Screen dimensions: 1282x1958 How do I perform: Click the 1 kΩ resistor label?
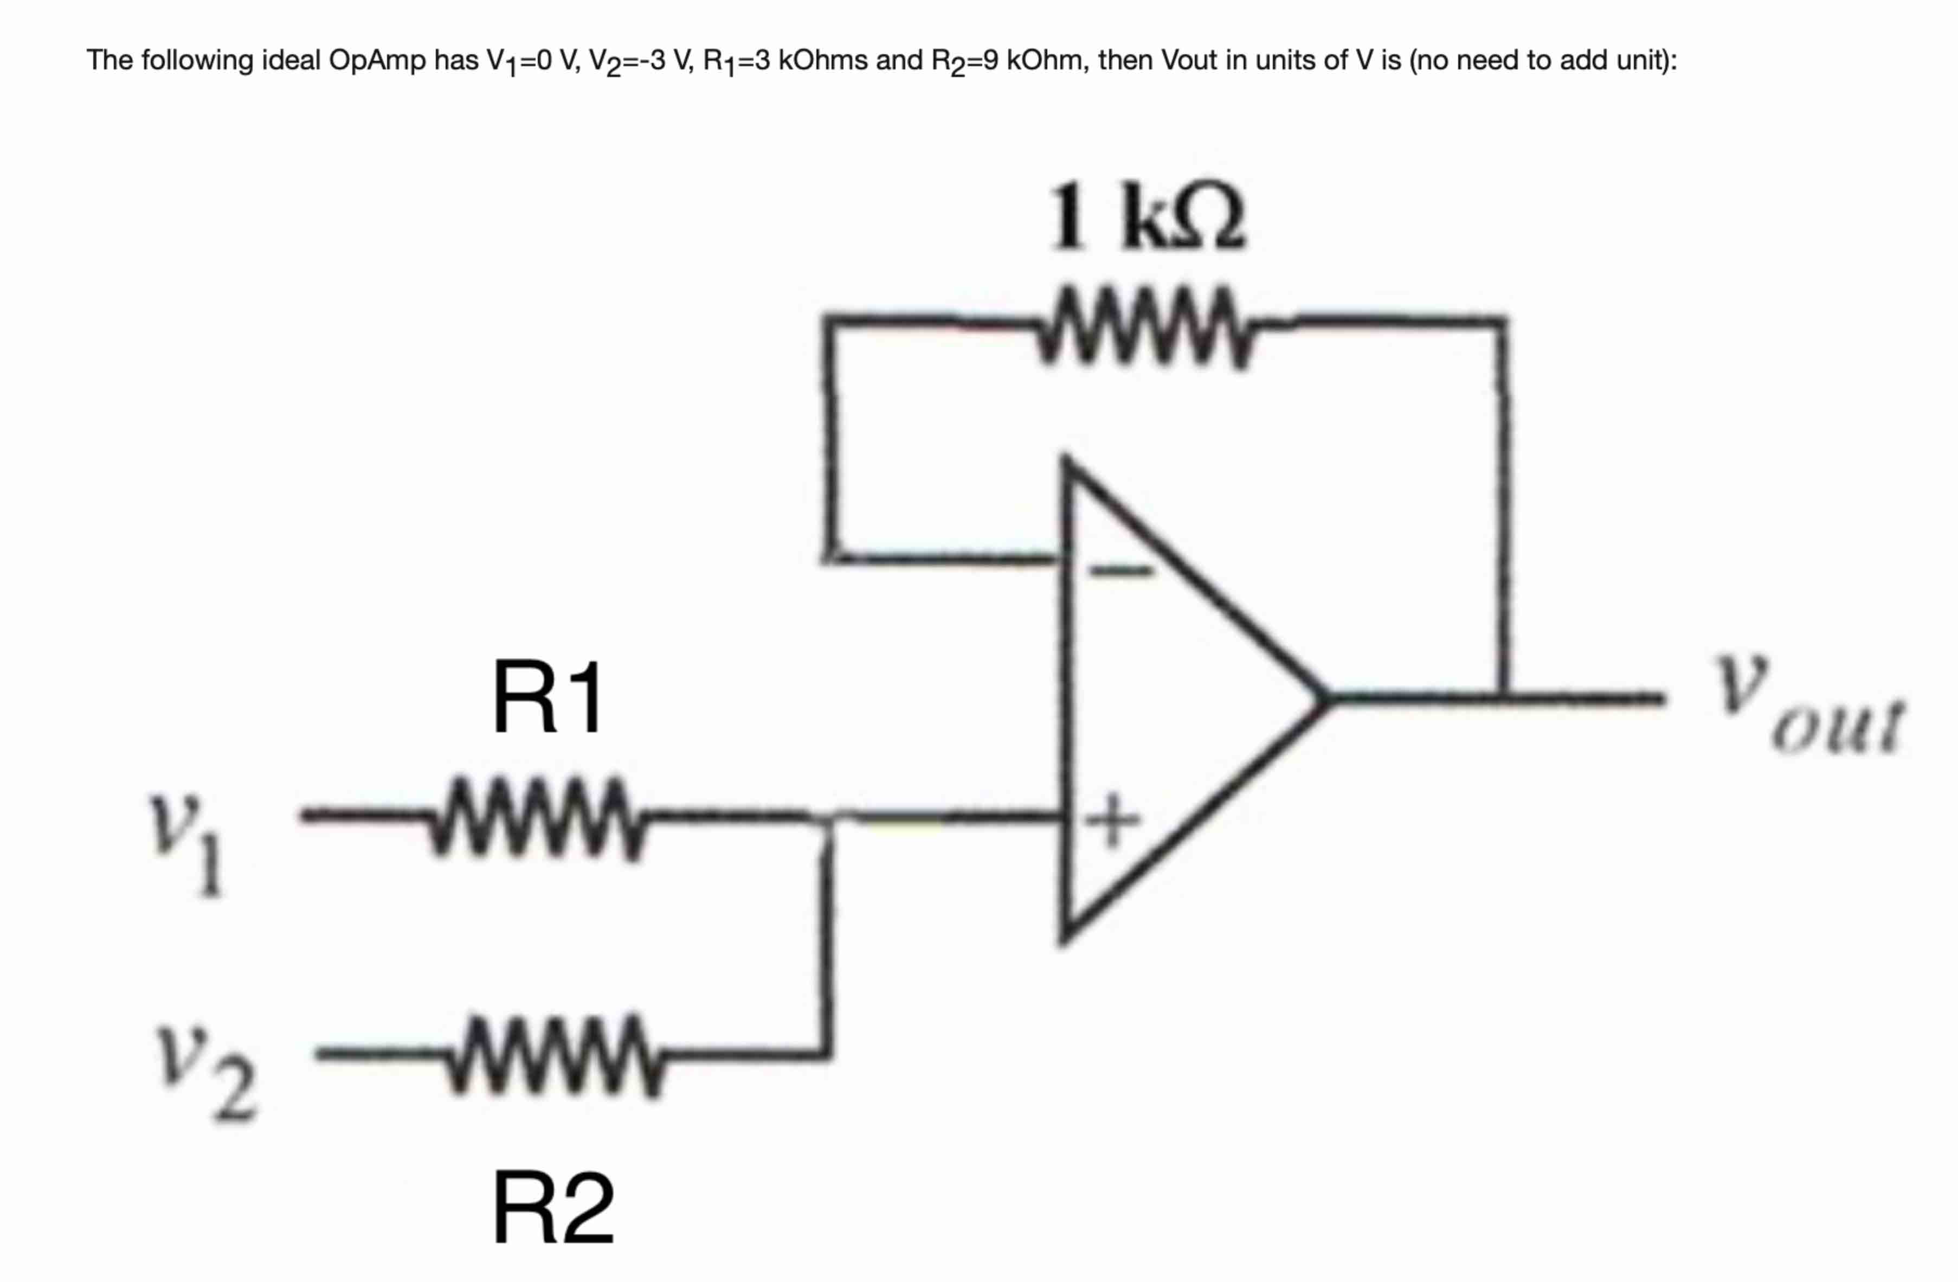1147,216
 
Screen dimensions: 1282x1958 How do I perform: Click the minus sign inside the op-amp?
1120,569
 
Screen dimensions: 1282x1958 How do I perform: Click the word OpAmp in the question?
378,60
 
